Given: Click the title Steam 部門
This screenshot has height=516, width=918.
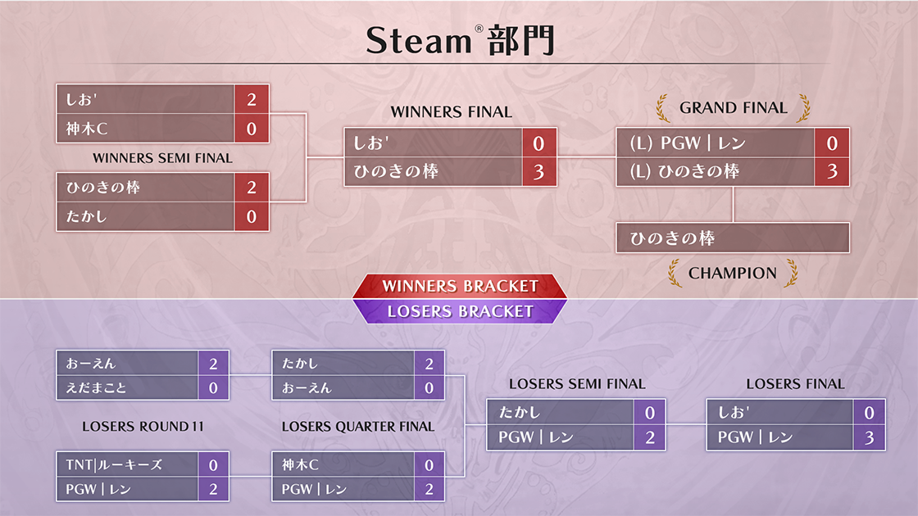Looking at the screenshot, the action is (460, 40).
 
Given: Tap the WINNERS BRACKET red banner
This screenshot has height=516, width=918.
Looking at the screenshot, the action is (460, 286).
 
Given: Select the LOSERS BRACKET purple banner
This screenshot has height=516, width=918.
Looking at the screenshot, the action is (460, 311).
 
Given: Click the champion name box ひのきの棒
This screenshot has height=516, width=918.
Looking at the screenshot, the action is (733, 238).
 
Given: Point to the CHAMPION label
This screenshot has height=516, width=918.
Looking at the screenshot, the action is (733, 274).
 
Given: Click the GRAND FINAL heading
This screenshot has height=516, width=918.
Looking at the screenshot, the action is (733, 107).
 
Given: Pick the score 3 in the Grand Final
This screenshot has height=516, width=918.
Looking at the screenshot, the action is (832, 171).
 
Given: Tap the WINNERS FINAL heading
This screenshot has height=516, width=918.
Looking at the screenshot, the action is (451, 111).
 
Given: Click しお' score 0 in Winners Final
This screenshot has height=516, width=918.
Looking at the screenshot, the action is (539, 143).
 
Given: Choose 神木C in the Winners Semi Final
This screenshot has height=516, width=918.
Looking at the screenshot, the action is (87, 129).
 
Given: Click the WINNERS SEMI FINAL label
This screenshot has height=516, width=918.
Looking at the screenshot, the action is (162, 158).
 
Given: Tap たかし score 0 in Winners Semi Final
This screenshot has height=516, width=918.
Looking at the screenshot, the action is (252, 216).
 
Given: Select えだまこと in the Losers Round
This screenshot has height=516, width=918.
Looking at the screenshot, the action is (96, 388).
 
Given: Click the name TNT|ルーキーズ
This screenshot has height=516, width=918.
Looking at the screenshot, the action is (114, 465).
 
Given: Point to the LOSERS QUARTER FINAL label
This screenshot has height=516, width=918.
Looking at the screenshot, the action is (357, 427).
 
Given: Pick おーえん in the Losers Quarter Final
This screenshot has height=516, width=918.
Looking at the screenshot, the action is (307, 388).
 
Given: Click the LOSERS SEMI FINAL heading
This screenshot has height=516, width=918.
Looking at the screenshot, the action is (577, 384).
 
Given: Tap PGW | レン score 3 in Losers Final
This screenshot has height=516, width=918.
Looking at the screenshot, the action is (869, 437).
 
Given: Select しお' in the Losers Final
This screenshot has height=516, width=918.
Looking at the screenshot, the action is (733, 413).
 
